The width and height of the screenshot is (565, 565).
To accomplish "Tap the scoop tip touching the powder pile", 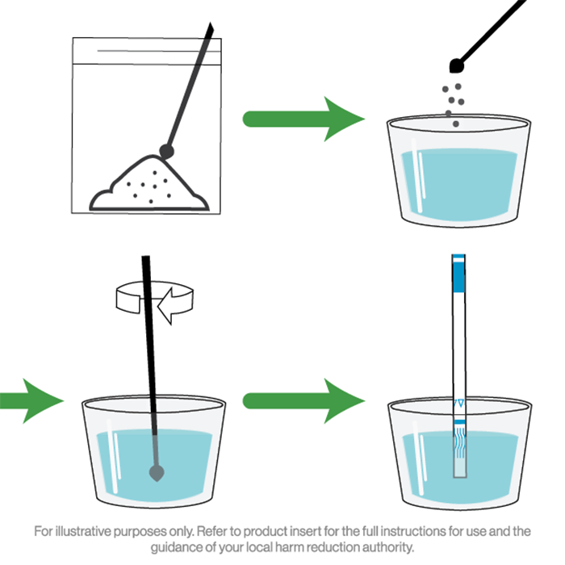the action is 166,151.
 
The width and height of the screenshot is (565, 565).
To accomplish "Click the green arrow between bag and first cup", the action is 303,119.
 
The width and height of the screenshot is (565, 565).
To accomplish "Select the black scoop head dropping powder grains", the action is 457,65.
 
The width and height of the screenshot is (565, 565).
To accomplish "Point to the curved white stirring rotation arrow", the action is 155,301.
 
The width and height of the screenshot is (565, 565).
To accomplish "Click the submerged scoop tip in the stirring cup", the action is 157,473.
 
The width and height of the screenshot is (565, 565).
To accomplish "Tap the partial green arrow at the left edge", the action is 31,400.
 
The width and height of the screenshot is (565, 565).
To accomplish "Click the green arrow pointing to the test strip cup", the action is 303,400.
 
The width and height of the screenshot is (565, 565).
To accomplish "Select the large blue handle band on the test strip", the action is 458,277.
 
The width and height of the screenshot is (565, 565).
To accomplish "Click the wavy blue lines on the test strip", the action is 459,442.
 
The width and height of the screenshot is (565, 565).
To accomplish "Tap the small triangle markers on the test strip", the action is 458,403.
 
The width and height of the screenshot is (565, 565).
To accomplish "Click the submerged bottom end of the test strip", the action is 459,468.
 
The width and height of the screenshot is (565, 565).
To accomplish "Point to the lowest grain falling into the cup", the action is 455,124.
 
